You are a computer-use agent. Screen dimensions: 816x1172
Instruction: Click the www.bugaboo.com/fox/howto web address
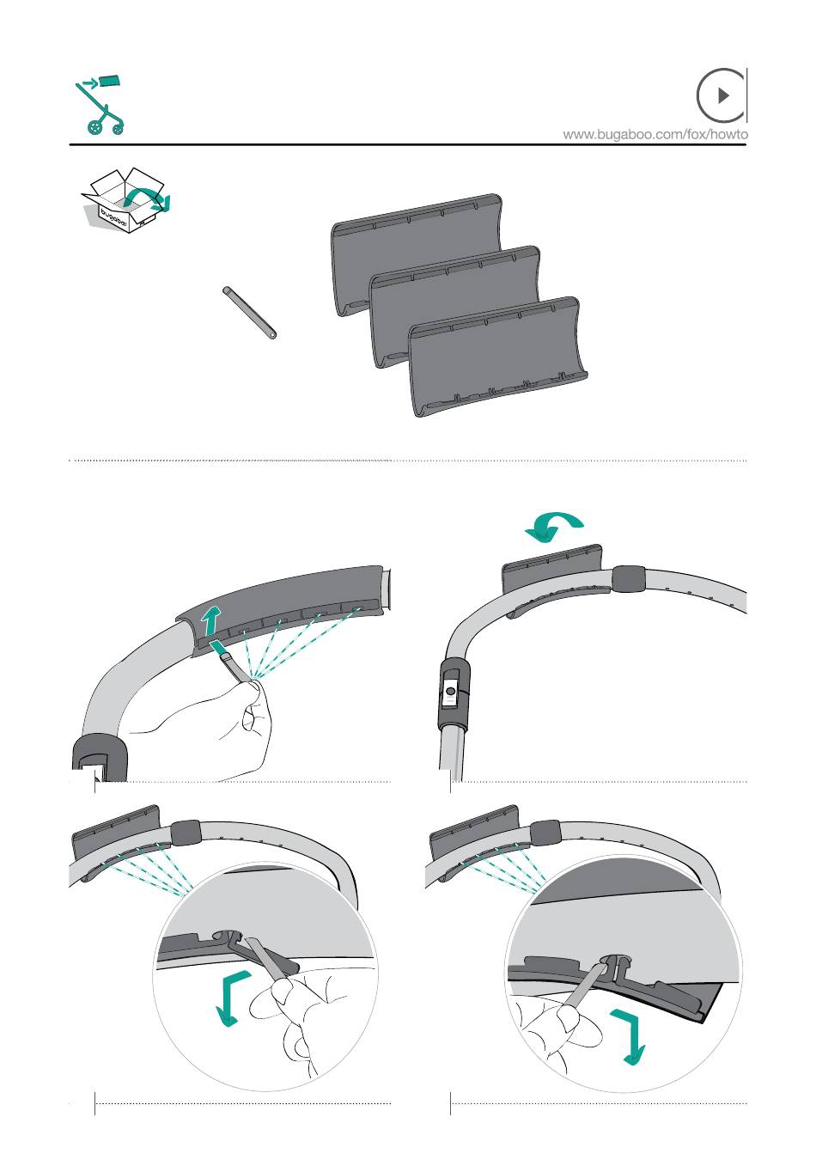point(655,134)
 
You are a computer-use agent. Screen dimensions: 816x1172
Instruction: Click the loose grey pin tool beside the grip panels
point(249,313)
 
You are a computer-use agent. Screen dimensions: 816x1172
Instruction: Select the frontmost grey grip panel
point(497,356)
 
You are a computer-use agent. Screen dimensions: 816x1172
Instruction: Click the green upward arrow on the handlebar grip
point(210,621)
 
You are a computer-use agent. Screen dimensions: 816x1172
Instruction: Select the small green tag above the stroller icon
point(109,81)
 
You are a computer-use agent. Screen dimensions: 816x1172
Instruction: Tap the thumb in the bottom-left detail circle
point(272,992)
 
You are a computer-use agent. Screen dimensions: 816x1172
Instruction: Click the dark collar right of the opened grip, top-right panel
point(629,578)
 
